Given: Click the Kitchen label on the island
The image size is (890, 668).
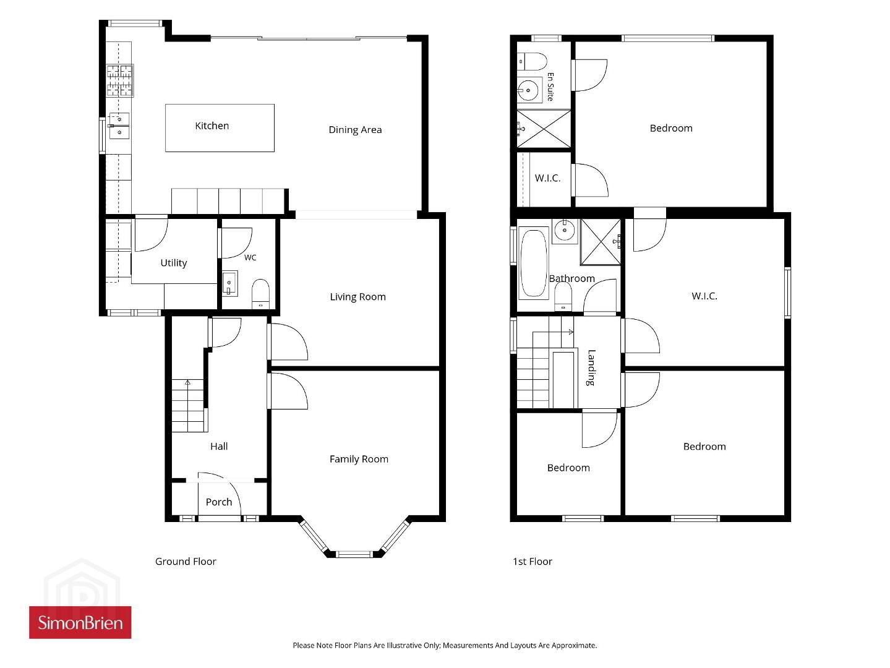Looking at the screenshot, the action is click(x=212, y=126).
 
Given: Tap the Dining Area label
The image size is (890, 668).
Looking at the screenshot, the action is click(x=355, y=130).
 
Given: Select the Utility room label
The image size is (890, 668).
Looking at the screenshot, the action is click(x=174, y=263).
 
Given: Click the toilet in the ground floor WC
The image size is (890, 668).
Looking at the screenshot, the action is click(x=260, y=293).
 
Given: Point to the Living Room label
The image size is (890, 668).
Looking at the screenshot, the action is click(x=357, y=297).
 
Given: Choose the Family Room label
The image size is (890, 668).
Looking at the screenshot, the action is click(x=359, y=459).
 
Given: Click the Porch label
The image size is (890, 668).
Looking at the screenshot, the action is click(x=218, y=502).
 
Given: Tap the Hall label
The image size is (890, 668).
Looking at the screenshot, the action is click(x=219, y=447).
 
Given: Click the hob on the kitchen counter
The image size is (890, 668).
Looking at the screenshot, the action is click(x=120, y=80).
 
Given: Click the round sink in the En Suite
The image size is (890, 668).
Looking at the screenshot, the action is click(x=528, y=90).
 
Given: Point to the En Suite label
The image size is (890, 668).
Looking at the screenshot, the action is click(x=550, y=87).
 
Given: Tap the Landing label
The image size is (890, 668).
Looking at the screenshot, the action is click(x=591, y=367).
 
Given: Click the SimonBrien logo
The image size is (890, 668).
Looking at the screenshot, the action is click(x=80, y=622).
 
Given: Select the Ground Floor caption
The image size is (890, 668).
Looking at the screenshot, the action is click(x=186, y=562).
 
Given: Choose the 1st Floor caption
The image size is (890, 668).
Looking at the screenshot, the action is click(x=533, y=562).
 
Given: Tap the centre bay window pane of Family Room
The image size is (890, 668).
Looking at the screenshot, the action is click(x=354, y=554).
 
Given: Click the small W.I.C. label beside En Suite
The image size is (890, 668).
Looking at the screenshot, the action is click(x=547, y=178).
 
